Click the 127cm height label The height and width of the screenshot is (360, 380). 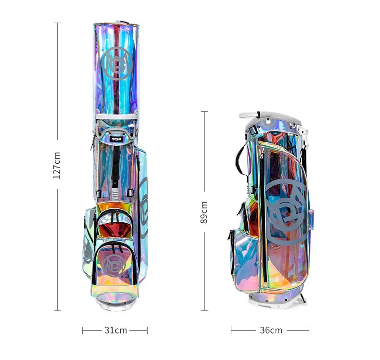coord(56,166)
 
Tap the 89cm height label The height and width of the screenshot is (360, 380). coord(204,212)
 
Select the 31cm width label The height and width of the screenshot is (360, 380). coord(115,330)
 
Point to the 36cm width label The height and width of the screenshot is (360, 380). coord(271,330)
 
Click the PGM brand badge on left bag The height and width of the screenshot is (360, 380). coord(116,140)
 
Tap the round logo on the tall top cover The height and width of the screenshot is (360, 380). coord(117,64)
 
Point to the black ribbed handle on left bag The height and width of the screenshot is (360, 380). coord(116,166)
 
